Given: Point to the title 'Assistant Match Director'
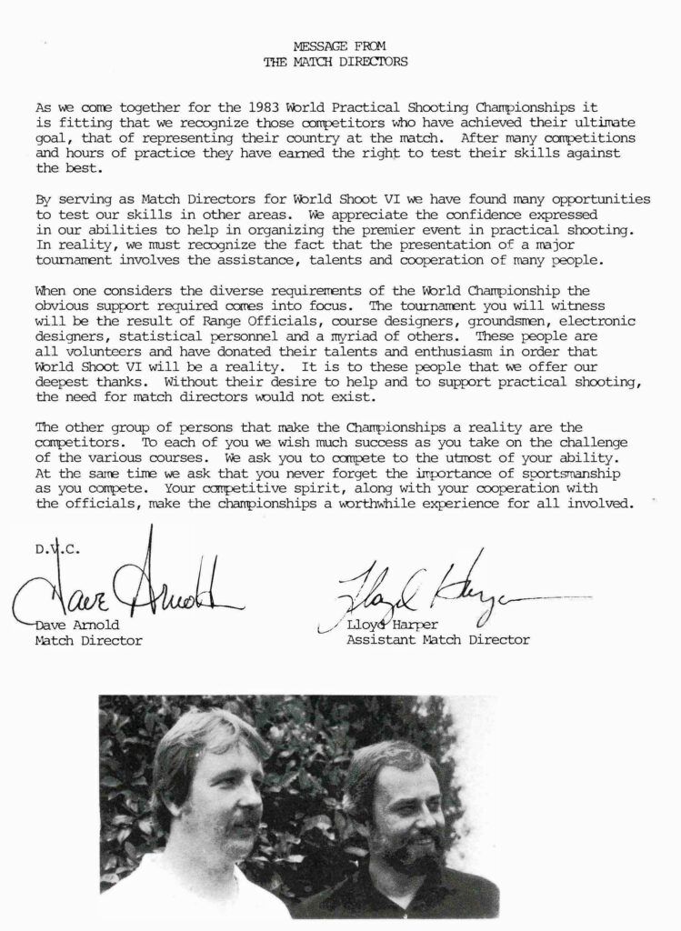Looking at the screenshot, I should pyautogui.click(x=437, y=640).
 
